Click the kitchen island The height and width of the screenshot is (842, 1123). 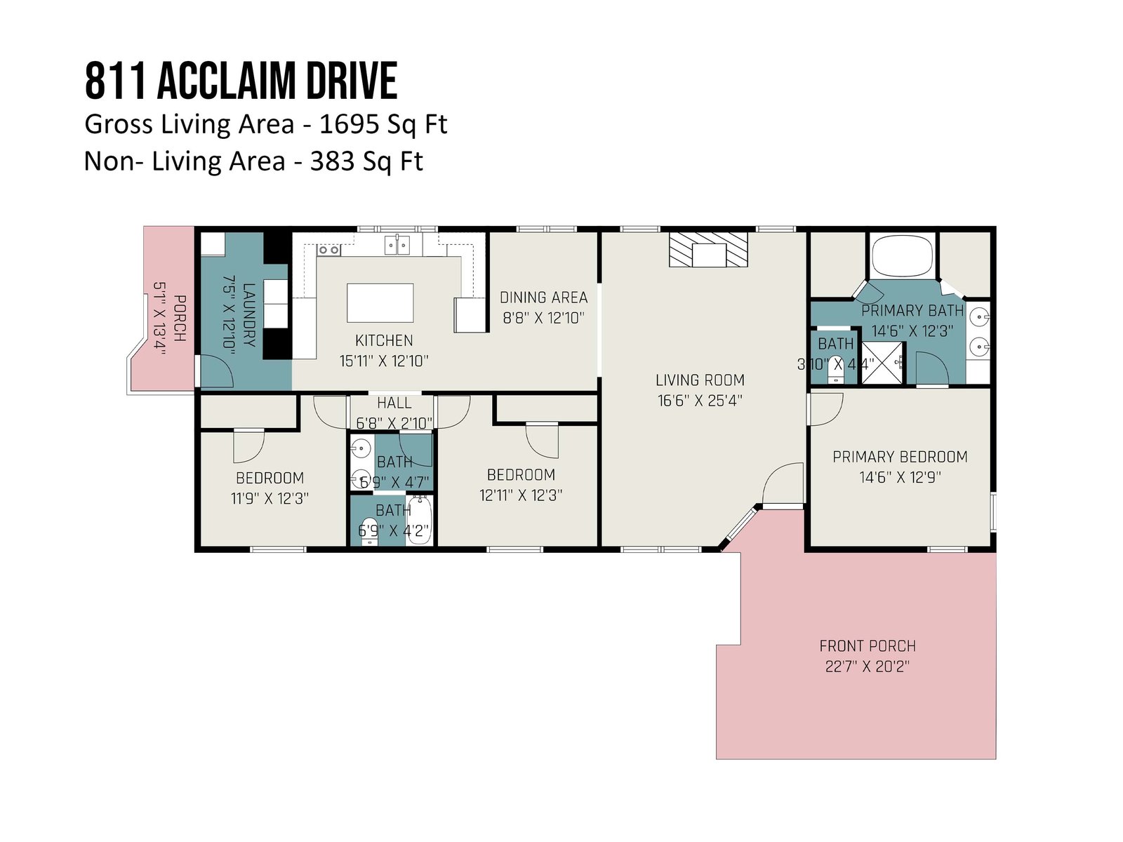tap(380, 302)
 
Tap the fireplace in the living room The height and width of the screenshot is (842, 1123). tap(708, 250)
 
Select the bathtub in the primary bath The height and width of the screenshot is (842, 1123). tap(903, 256)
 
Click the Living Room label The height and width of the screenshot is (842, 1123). tap(700, 380)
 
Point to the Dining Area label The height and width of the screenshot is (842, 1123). tap(543, 298)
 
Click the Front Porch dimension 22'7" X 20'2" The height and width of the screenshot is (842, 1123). tap(868, 667)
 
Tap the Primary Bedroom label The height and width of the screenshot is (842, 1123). tap(900, 457)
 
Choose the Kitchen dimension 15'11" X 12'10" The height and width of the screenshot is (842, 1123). tap(384, 361)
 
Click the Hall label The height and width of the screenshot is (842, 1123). tap(394, 403)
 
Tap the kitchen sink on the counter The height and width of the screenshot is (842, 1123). tap(397, 245)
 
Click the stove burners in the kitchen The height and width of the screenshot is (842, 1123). tap(328, 250)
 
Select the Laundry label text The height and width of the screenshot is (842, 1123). tap(248, 315)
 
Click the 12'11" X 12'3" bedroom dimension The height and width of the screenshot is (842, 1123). tap(521, 495)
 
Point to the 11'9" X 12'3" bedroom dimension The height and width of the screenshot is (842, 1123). tap(270, 498)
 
